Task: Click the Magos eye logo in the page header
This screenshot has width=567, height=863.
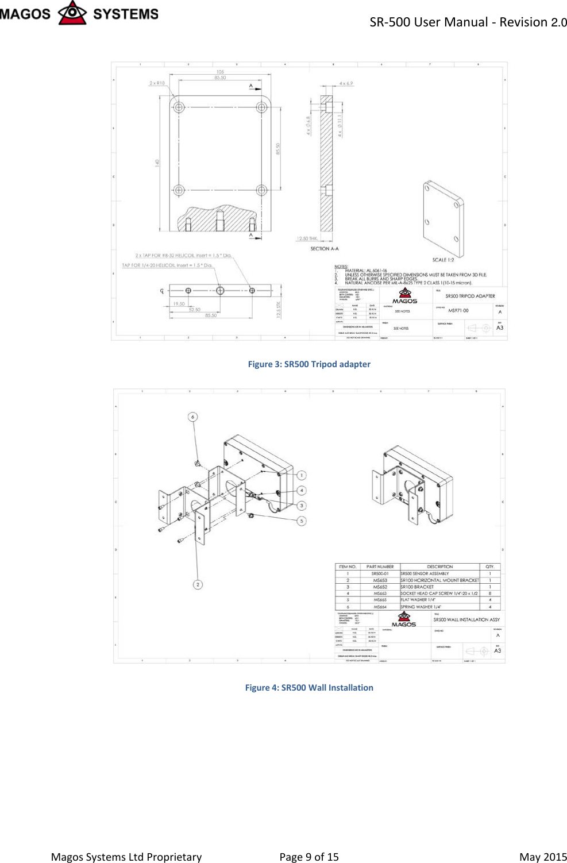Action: click(72, 13)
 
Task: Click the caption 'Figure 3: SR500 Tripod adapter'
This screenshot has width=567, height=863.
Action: click(308, 364)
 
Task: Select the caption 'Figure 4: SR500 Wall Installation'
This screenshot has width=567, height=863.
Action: click(308, 687)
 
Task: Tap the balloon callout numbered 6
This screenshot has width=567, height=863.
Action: click(193, 417)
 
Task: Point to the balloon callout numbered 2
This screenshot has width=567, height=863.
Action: click(198, 584)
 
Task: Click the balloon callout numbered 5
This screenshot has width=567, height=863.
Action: click(302, 521)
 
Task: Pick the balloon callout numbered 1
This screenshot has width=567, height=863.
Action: click(302, 475)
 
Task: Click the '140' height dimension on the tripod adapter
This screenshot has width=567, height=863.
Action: click(157, 163)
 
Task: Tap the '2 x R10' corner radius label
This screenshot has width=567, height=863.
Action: click(157, 83)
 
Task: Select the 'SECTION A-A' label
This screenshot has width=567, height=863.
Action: click(325, 249)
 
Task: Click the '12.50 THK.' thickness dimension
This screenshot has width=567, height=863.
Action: click(307, 238)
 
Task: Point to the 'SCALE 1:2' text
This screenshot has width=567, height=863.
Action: click(443, 260)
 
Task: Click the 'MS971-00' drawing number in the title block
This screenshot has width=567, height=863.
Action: click(458, 310)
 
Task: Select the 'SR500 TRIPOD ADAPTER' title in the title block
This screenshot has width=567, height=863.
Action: click(470, 296)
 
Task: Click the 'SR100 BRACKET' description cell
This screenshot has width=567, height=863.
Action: click(417, 587)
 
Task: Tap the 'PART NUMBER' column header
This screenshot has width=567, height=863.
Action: click(380, 567)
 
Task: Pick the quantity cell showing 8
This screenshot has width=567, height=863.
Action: click(490, 593)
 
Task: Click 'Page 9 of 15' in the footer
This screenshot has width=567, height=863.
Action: click(308, 857)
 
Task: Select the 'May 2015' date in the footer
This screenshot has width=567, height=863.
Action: click(542, 857)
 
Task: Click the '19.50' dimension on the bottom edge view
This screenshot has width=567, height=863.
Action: click(179, 304)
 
